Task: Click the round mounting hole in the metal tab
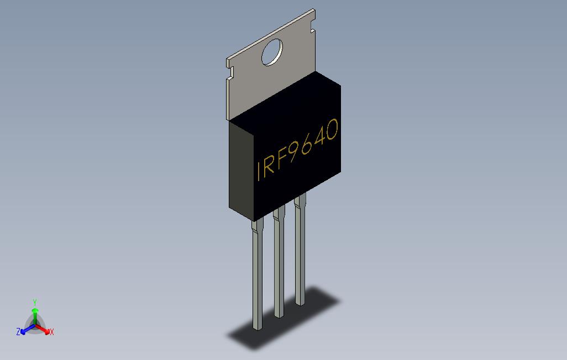(x=272, y=53)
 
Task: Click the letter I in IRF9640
(x=259, y=171)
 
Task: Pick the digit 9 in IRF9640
(x=294, y=151)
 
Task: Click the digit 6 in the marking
(x=307, y=144)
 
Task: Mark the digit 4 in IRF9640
(x=320, y=137)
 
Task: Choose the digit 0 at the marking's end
(x=332, y=131)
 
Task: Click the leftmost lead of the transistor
(x=257, y=276)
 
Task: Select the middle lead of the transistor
(x=279, y=265)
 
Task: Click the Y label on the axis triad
(x=34, y=302)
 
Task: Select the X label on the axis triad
(x=51, y=332)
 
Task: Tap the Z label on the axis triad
(x=18, y=332)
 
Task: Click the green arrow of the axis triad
(x=35, y=315)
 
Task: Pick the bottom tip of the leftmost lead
(x=257, y=328)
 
